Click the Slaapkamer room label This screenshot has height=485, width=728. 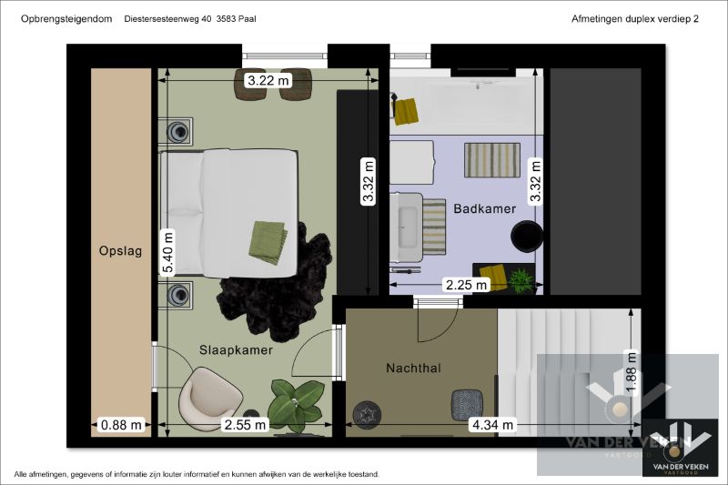pyautogui.click(x=236, y=349)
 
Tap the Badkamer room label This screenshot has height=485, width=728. pyautogui.click(x=484, y=208)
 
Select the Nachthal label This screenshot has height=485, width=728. pyautogui.click(x=413, y=369)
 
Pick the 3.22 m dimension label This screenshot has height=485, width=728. pyautogui.click(x=268, y=81)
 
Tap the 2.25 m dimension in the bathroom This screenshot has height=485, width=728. pyautogui.click(x=465, y=285)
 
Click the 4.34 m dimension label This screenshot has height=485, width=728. pyautogui.click(x=492, y=424)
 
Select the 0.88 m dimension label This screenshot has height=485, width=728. pyautogui.click(x=121, y=424)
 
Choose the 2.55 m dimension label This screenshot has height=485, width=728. pyautogui.click(x=245, y=424)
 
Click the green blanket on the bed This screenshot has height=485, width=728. pyautogui.click(x=268, y=241)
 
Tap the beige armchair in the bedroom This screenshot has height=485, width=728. pyautogui.click(x=211, y=398)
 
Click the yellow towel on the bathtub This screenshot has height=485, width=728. pyautogui.click(x=406, y=110)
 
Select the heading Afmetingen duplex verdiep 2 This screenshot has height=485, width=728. pyautogui.click(x=634, y=18)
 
